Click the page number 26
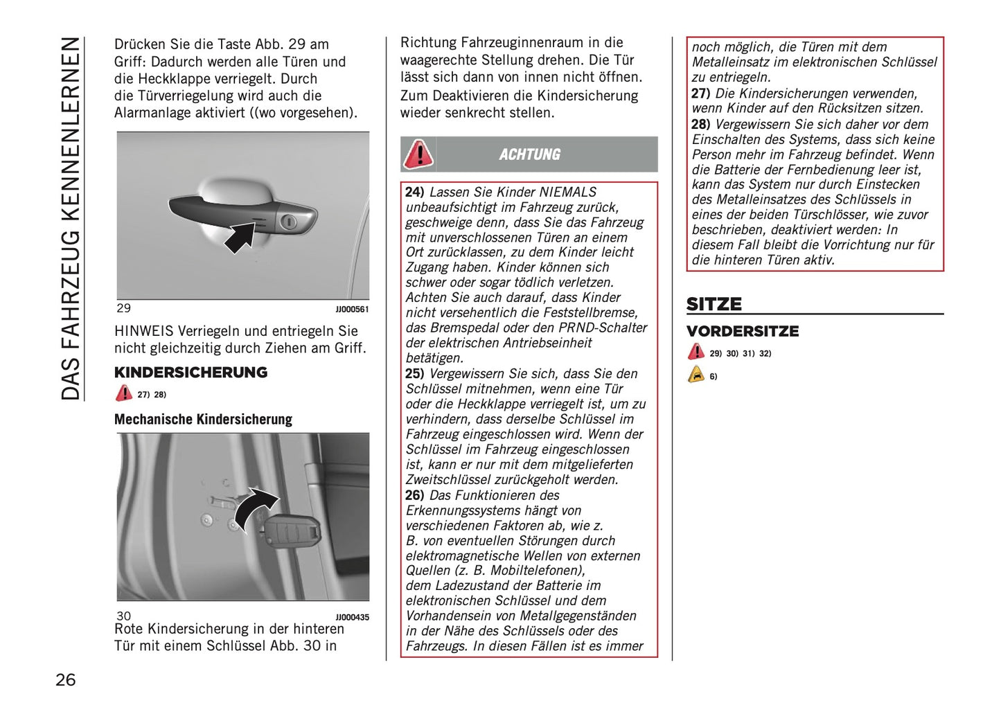click(x=65, y=679)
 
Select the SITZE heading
click(x=714, y=304)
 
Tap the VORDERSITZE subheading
click(x=742, y=331)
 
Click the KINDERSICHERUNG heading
click(x=191, y=373)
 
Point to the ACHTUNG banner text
click(x=529, y=154)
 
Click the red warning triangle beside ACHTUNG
click(x=418, y=154)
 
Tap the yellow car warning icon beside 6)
click(x=696, y=375)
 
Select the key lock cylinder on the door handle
click(x=289, y=222)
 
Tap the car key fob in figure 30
click(x=292, y=533)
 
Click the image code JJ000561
click(x=352, y=310)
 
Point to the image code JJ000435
click(x=352, y=617)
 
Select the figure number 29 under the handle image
click(x=123, y=308)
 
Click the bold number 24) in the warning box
click(x=414, y=193)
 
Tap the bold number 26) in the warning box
click(x=414, y=495)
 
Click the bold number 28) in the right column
click(x=700, y=125)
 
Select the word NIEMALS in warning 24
click(x=567, y=193)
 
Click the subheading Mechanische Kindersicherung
click(x=203, y=420)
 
